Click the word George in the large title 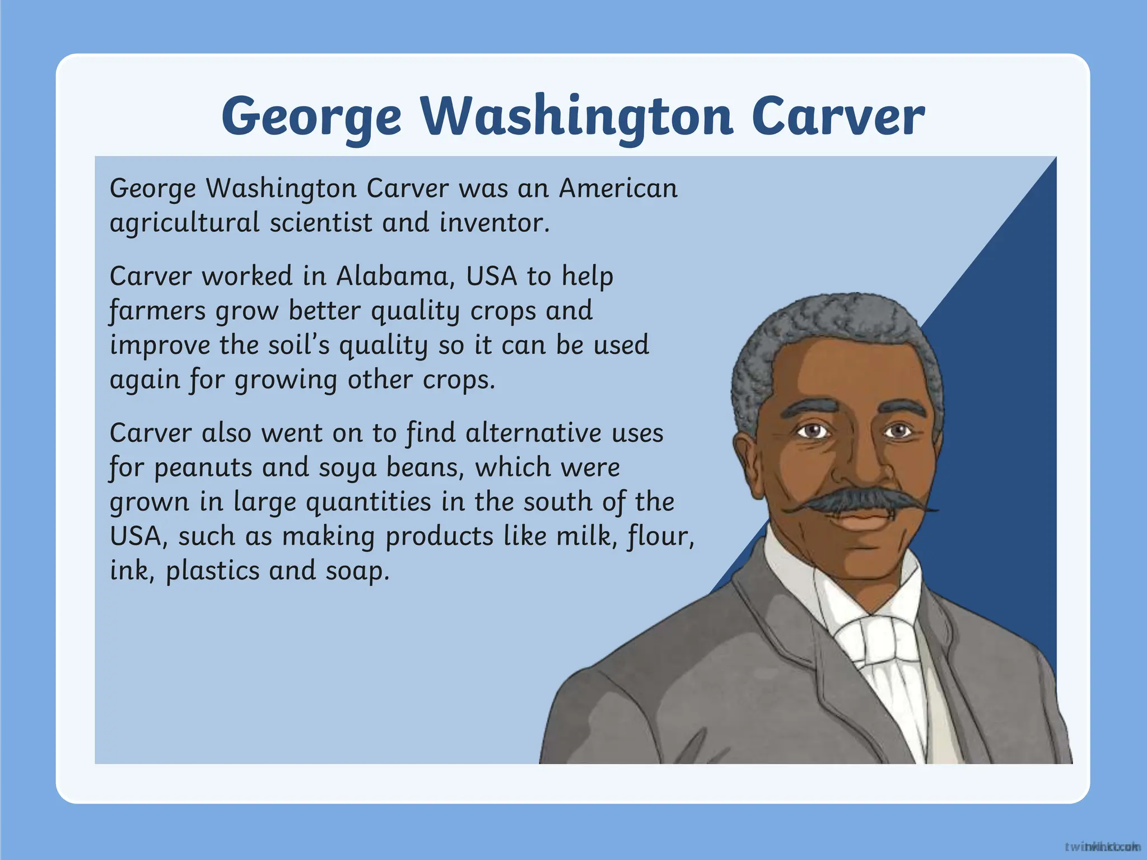pyautogui.click(x=311, y=116)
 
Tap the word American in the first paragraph pyautogui.click(x=618, y=188)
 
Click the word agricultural pyautogui.click(x=184, y=223)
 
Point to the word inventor pyautogui.click(x=494, y=223)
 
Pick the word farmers pyautogui.click(x=157, y=311)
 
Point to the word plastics pyautogui.click(x=213, y=571)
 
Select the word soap pyautogui.click(x=357, y=571)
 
